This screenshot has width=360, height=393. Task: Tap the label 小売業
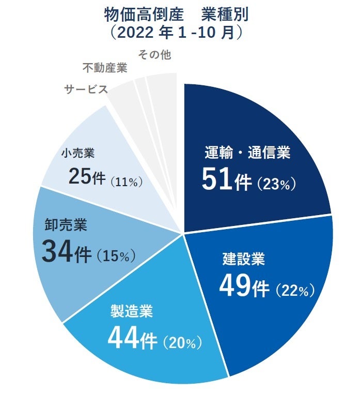point(77,153)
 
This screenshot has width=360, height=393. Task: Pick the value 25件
point(86,178)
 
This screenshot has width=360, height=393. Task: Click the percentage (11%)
point(126,182)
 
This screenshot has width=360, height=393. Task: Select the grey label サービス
point(86,89)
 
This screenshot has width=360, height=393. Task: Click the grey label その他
point(154,54)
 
